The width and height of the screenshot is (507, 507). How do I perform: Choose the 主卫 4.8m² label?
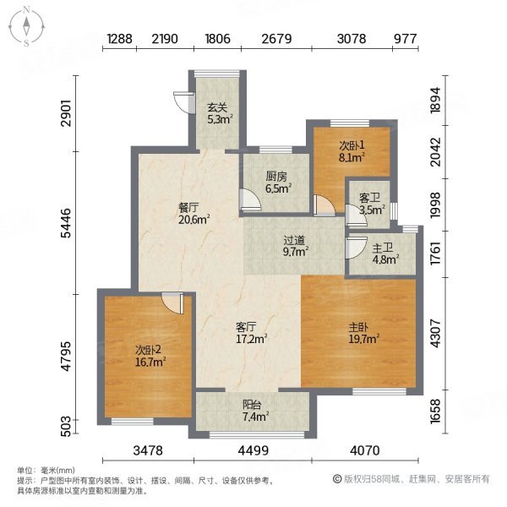pyautogui.click(x=383, y=254)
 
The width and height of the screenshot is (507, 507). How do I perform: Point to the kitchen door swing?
pyautogui.click(x=247, y=200)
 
